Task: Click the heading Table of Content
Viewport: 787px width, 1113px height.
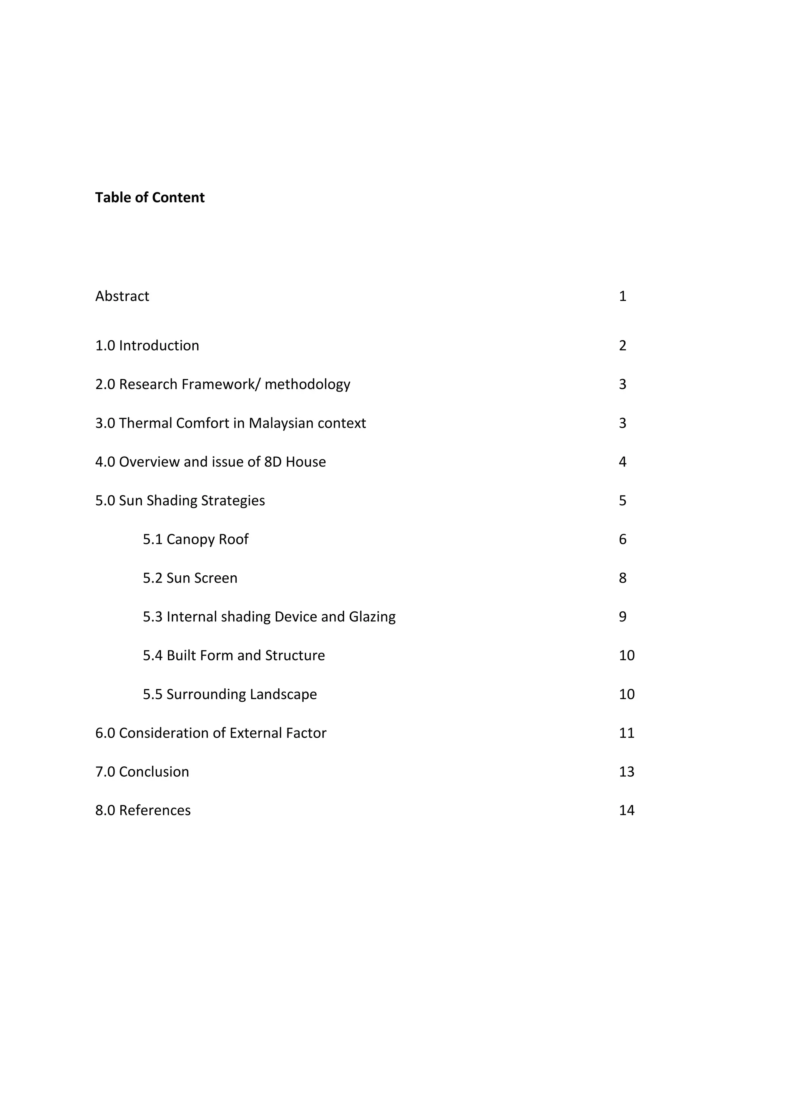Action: tap(150, 198)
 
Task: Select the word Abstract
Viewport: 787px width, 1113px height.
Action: tap(122, 296)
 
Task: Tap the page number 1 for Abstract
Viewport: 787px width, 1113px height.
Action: tap(623, 296)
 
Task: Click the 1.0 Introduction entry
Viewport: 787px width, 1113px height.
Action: tap(147, 346)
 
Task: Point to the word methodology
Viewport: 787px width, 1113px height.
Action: tap(307, 384)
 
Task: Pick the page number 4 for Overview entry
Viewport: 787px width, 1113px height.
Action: tap(623, 462)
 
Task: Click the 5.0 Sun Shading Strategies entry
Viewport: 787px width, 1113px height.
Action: tap(180, 501)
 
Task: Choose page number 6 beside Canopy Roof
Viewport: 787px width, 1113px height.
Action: tap(623, 540)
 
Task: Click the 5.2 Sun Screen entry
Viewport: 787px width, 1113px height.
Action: tap(190, 578)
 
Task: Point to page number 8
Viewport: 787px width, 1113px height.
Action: tap(623, 578)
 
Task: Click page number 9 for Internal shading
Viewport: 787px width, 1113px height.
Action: tap(623, 617)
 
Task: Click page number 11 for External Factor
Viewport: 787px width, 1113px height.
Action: tap(627, 733)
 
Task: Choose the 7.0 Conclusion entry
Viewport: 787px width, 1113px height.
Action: tap(142, 772)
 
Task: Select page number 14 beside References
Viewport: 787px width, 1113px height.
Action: tap(627, 811)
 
